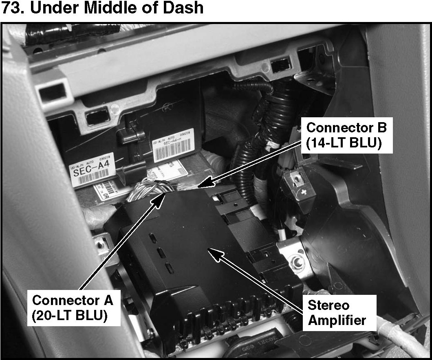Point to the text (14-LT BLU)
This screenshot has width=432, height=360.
click(x=345, y=144)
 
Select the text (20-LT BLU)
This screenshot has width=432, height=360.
click(x=70, y=316)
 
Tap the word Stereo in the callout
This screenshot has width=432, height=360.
click(x=328, y=305)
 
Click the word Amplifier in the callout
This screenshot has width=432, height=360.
click(x=337, y=320)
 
